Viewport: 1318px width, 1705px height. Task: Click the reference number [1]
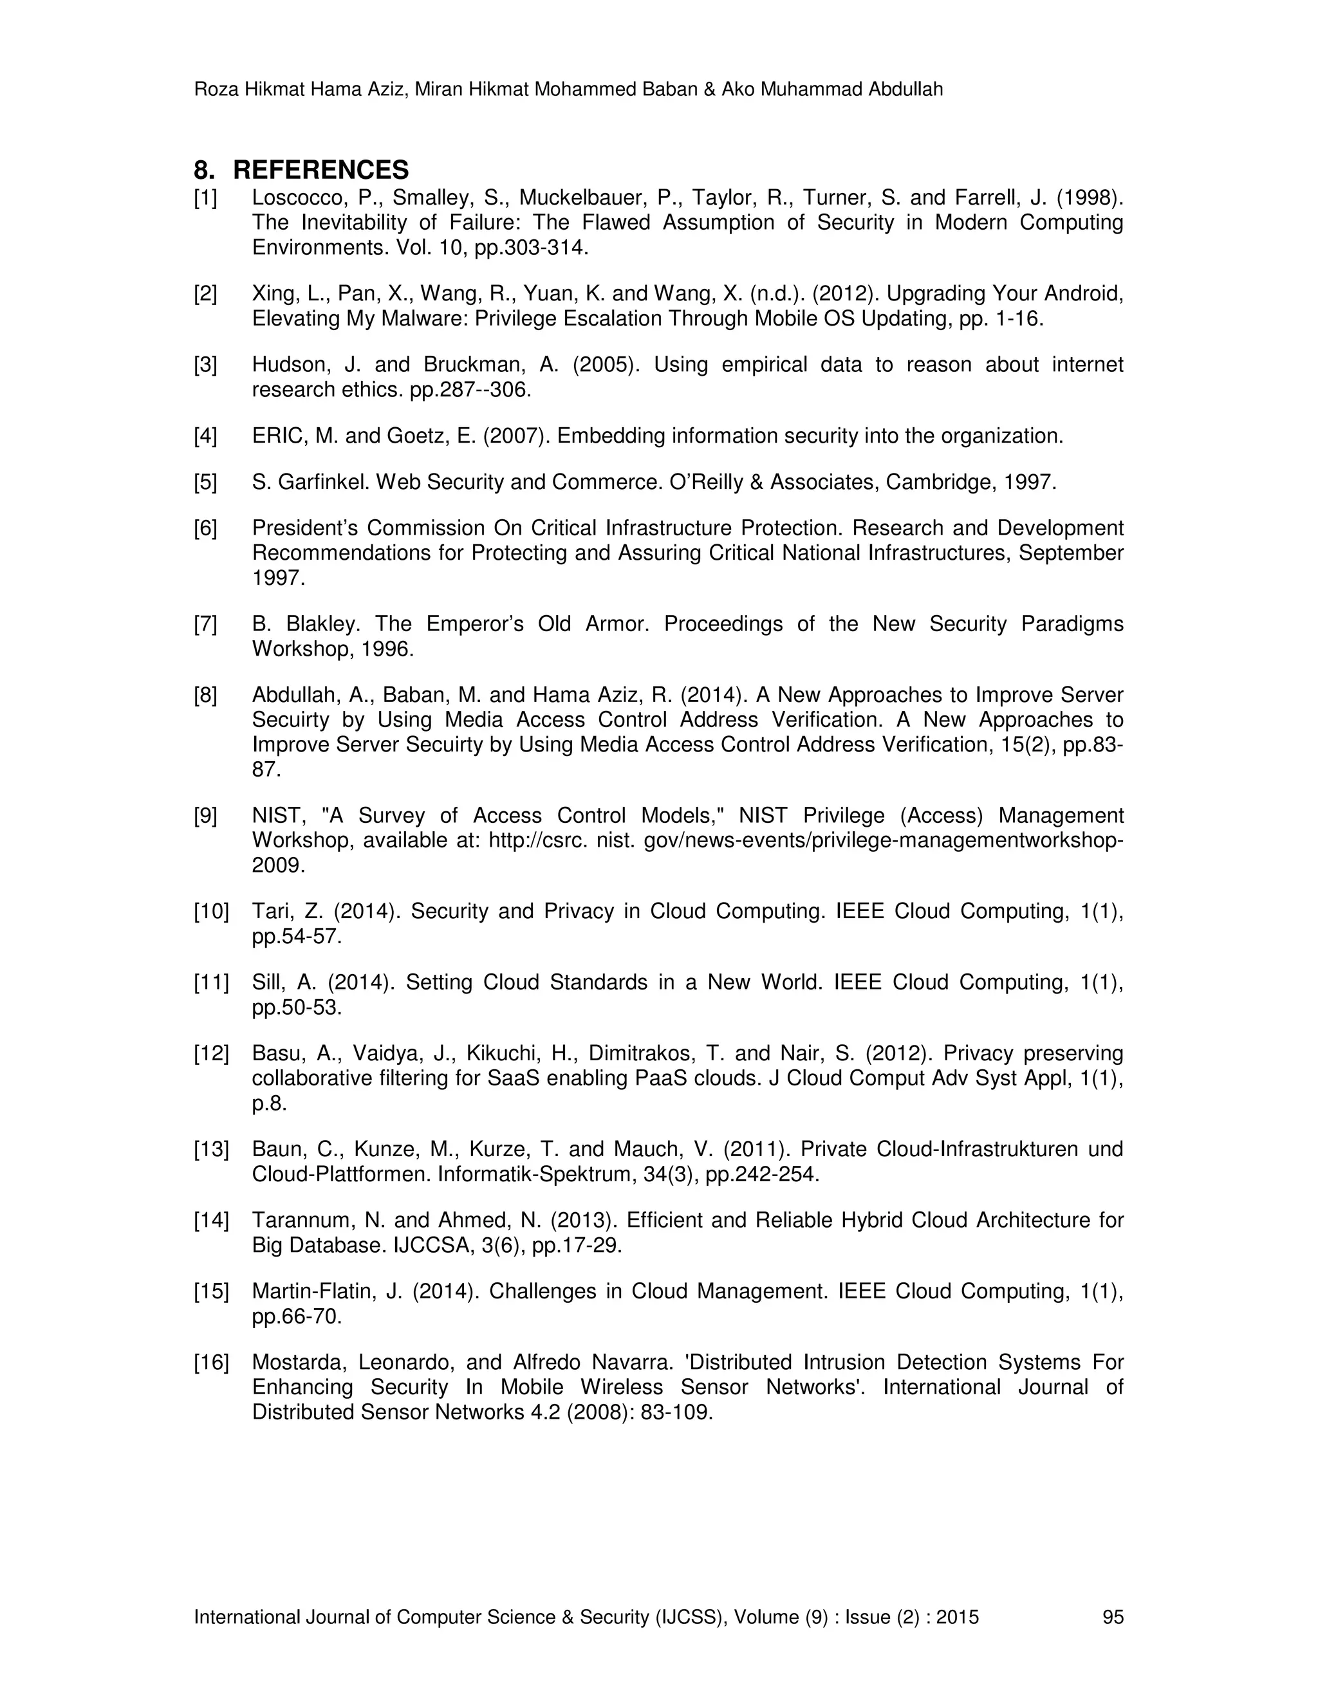(x=205, y=198)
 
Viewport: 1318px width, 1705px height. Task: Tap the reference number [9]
(x=205, y=816)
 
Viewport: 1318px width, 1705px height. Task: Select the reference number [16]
(x=211, y=1362)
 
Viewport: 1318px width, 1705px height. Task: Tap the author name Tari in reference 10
(x=270, y=911)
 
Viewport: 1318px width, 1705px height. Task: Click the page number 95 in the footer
(x=1113, y=1617)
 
